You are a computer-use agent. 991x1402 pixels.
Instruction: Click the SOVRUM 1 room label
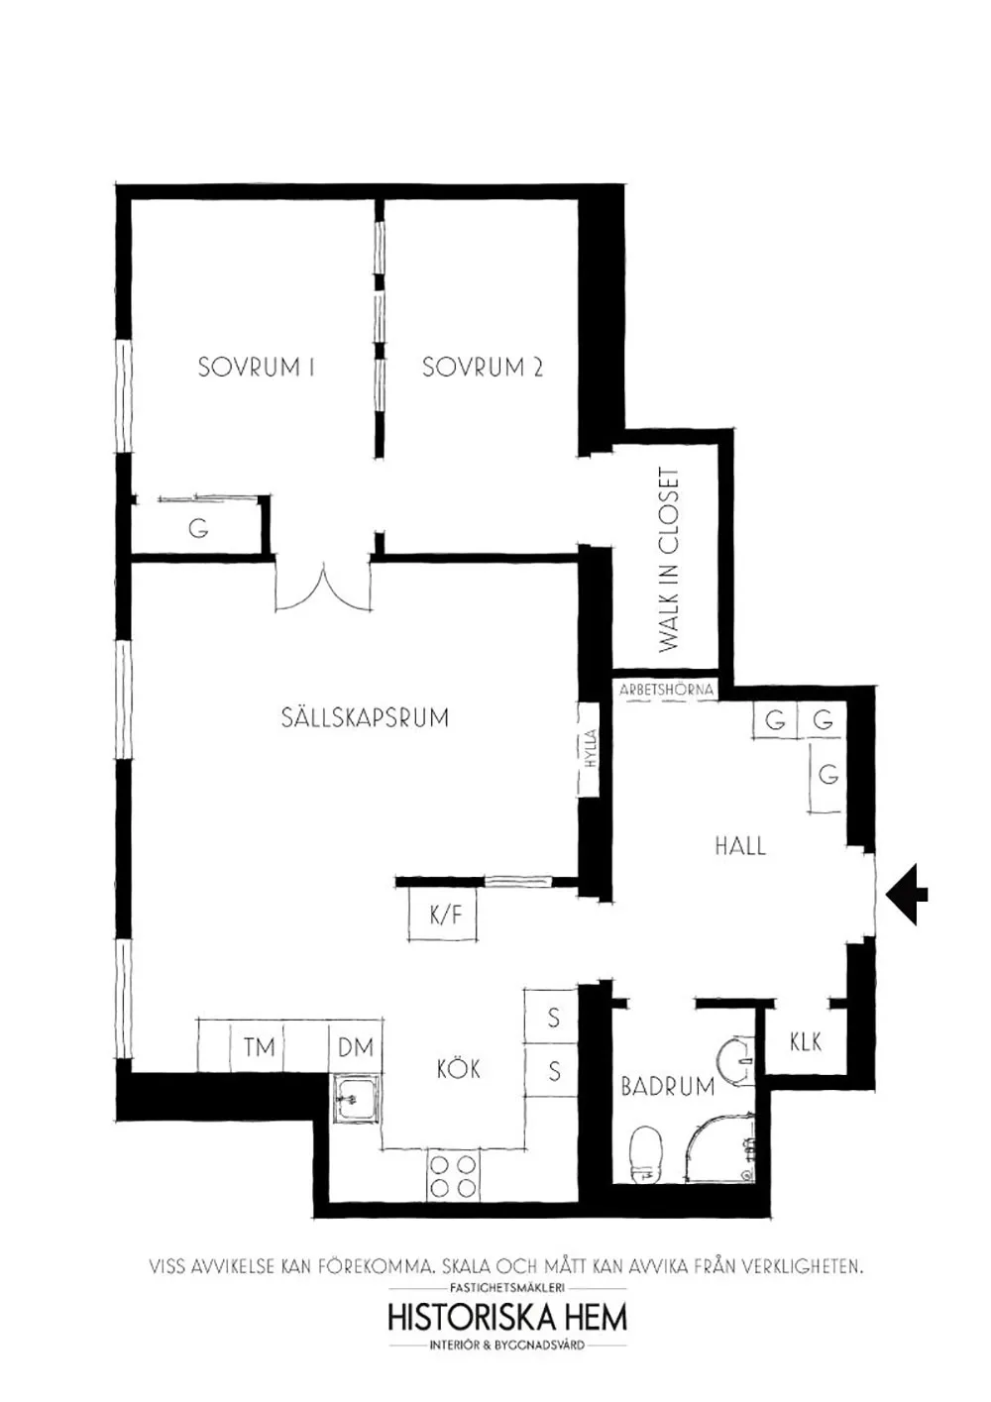[x=256, y=367]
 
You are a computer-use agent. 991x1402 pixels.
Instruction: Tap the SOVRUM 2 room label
[x=482, y=367]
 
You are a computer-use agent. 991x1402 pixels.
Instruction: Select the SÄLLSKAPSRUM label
[x=365, y=717]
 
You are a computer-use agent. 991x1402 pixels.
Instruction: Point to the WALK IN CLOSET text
[x=669, y=560]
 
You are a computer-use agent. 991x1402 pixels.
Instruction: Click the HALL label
[x=740, y=847]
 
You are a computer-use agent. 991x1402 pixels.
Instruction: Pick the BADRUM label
[x=667, y=1087]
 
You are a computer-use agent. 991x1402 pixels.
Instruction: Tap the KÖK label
[x=459, y=1068]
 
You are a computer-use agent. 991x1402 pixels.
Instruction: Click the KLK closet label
[x=806, y=1042]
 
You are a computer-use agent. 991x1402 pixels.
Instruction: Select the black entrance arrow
[x=907, y=895]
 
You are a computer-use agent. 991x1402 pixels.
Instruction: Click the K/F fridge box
[x=443, y=916]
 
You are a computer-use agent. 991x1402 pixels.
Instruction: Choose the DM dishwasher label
[x=356, y=1047]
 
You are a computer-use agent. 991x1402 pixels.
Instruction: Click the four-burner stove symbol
[x=451, y=1176]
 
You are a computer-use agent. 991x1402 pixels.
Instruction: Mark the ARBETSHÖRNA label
[x=666, y=690]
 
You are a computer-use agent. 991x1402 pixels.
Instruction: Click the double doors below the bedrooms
[x=323, y=586]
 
